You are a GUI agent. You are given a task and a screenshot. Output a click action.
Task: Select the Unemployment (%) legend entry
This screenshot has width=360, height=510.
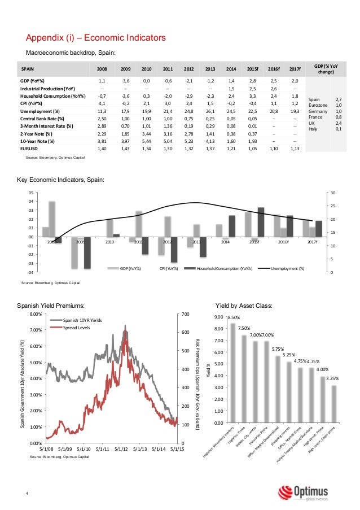tap(286, 268)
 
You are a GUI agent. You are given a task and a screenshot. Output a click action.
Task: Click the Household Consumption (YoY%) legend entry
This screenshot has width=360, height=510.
tap(220, 268)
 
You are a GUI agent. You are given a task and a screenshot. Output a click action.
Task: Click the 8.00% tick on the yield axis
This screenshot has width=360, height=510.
tap(36, 313)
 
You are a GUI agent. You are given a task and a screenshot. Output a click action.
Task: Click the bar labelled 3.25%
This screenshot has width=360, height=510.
tap(333, 404)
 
